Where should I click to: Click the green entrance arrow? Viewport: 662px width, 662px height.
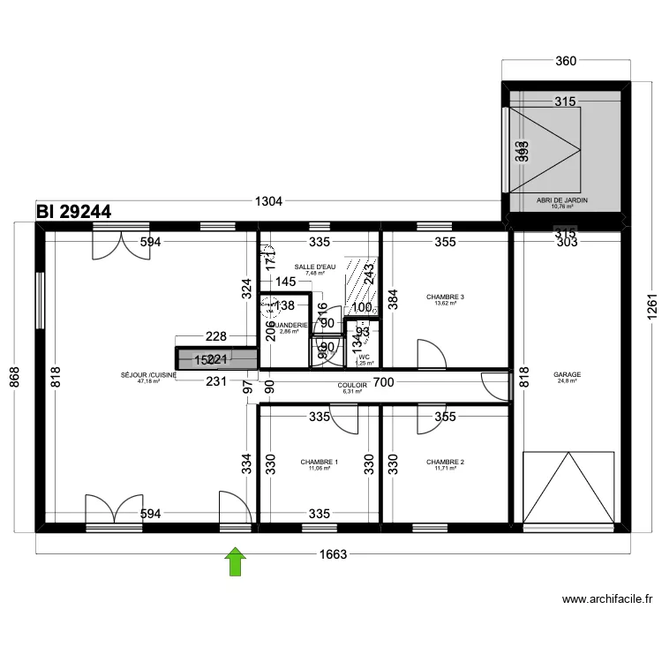(x=236, y=562)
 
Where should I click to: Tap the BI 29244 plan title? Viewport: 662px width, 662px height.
(x=74, y=212)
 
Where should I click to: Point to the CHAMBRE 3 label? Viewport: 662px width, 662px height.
(x=445, y=297)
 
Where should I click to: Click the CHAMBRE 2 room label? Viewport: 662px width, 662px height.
(x=445, y=463)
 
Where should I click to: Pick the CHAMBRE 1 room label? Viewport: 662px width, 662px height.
(x=319, y=463)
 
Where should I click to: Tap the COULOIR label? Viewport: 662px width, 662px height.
(x=352, y=386)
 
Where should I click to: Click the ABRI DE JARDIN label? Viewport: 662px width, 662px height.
(x=561, y=200)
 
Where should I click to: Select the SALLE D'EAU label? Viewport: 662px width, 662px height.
(x=315, y=267)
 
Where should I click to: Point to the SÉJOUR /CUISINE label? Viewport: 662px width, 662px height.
(x=148, y=375)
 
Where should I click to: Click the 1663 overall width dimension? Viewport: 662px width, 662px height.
(x=334, y=554)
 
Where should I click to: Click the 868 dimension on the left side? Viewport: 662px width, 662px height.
(x=13, y=377)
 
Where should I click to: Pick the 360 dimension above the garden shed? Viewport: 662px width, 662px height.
(x=566, y=61)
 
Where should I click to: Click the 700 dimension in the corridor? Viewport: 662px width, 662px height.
(x=383, y=383)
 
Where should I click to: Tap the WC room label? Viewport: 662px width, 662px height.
(x=364, y=357)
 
